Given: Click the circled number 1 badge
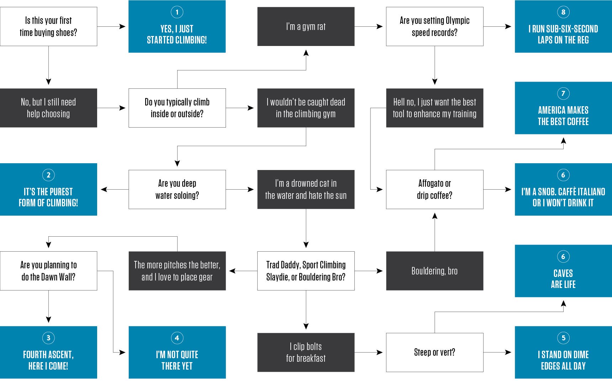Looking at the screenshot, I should (177, 12).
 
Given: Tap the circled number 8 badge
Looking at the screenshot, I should (563, 12).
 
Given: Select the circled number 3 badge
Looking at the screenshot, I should (48, 338).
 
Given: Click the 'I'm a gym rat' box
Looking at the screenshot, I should (306, 26).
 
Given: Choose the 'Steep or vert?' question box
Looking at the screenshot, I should (434, 352).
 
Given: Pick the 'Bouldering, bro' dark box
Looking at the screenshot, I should (434, 271).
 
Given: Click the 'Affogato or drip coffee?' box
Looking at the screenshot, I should (434, 189).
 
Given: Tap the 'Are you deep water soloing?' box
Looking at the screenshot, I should (177, 189).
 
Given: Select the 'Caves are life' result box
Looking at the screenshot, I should (563, 271).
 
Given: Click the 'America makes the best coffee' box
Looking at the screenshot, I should (563, 108).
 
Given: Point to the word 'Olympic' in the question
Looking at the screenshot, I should (457, 21).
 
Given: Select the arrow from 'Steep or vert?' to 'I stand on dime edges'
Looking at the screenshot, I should (498, 352).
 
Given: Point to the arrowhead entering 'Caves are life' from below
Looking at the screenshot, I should (563, 304).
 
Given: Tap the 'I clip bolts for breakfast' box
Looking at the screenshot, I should (306, 352).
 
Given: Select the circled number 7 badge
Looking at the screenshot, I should (563, 93).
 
